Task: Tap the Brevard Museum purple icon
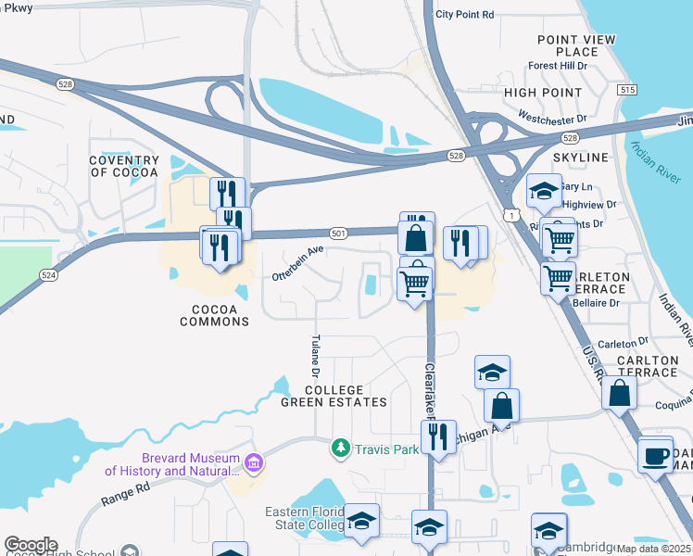coord(254,461)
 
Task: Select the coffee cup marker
coord(656,455)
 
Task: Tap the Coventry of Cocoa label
coord(124,167)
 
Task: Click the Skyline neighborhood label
coord(581,158)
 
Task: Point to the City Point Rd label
coord(465,15)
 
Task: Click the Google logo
coord(31,545)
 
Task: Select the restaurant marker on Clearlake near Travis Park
coord(438,436)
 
